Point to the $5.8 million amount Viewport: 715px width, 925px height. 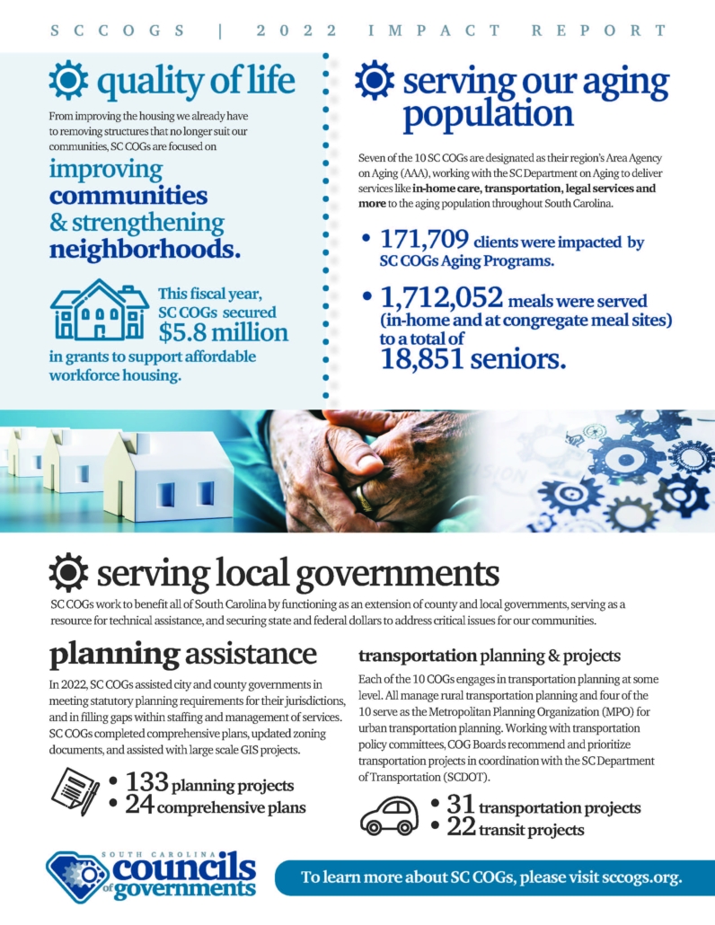224,332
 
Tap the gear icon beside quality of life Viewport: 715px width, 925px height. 68,80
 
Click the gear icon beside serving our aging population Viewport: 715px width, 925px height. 374,80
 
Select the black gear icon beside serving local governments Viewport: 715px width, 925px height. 68,572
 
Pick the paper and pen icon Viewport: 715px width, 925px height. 76,791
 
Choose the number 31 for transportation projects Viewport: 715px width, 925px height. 459,805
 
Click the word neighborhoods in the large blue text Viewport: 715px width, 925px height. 146,247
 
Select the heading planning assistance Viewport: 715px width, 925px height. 182,653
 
